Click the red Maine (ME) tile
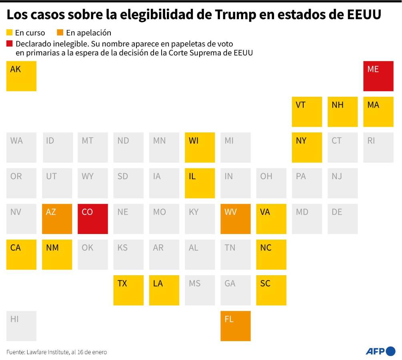click(x=378, y=76)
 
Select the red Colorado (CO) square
click(x=92, y=219)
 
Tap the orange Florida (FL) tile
click(x=236, y=326)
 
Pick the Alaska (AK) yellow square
click(x=21, y=76)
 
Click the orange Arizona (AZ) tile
click(x=57, y=219)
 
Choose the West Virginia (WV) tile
click(x=236, y=219)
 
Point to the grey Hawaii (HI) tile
click(x=21, y=326)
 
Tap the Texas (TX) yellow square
click(x=128, y=290)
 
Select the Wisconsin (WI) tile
click(x=200, y=148)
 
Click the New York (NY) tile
click(x=307, y=148)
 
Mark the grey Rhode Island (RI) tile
click(x=378, y=148)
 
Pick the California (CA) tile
click(x=21, y=254)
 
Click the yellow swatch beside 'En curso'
click(x=10, y=32)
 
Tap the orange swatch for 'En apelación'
click(x=60, y=32)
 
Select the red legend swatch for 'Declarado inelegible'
click(x=10, y=43)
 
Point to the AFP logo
click(x=380, y=351)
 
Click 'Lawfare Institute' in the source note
click(x=47, y=352)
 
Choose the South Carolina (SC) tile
click(x=271, y=290)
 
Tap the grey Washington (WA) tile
click(x=21, y=148)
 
